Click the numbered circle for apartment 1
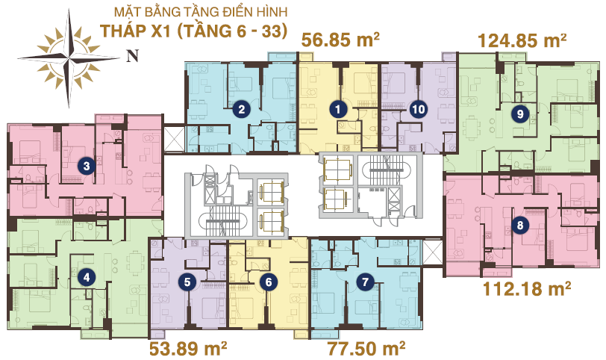(x=338, y=110)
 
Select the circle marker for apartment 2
(x=242, y=110)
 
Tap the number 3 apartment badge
(x=86, y=167)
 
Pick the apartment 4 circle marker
(x=86, y=277)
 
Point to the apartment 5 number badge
(x=187, y=282)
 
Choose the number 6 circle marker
(x=268, y=282)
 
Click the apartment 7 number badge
(x=365, y=282)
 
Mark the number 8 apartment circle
(x=520, y=225)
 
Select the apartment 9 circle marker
(x=520, y=114)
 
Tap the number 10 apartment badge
(x=419, y=110)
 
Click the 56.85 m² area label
(x=340, y=40)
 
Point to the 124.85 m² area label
(x=522, y=40)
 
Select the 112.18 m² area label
(x=527, y=288)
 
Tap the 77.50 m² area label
(x=366, y=348)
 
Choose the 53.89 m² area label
(x=188, y=348)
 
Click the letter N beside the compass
(x=132, y=56)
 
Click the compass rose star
(x=69, y=58)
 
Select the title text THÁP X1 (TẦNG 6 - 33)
(x=193, y=31)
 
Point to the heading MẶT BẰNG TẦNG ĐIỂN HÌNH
(x=201, y=12)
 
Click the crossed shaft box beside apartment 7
(x=432, y=252)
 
